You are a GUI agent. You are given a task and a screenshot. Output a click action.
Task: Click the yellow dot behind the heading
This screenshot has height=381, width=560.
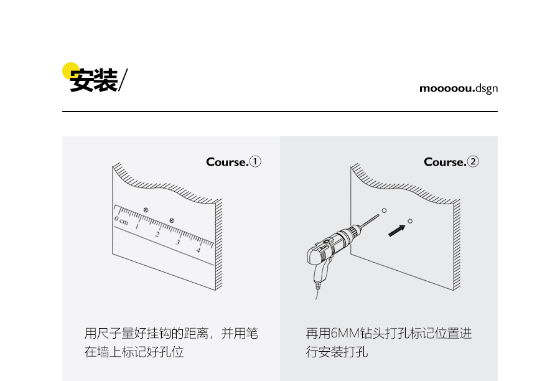click(70, 70)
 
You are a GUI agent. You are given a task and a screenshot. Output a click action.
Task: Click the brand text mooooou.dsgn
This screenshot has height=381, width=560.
click(459, 88)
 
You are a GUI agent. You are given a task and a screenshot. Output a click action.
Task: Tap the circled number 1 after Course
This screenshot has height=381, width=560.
click(255, 162)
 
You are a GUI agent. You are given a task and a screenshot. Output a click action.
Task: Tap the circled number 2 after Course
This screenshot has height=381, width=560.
click(473, 162)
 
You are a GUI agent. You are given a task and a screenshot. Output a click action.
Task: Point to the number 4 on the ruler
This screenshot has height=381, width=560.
click(198, 250)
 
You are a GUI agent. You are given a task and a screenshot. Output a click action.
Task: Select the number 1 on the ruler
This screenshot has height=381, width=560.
click(137, 227)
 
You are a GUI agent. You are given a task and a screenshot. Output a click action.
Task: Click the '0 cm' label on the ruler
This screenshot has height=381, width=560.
click(121, 221)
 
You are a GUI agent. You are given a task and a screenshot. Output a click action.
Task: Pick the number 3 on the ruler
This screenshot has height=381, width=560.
click(178, 242)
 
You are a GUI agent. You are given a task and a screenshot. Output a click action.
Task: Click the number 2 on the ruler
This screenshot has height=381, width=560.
click(157, 235)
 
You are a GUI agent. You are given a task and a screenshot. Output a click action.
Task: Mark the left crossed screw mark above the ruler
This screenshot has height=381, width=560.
click(146, 209)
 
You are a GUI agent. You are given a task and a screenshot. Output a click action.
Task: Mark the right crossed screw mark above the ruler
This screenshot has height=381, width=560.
click(172, 220)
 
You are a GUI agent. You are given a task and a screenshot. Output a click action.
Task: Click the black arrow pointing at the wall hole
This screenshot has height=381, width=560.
click(396, 230)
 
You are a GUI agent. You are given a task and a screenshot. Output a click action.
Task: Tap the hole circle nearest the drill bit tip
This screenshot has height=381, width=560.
click(384, 210)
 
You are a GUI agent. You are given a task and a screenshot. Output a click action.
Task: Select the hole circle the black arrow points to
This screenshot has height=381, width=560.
click(410, 220)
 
